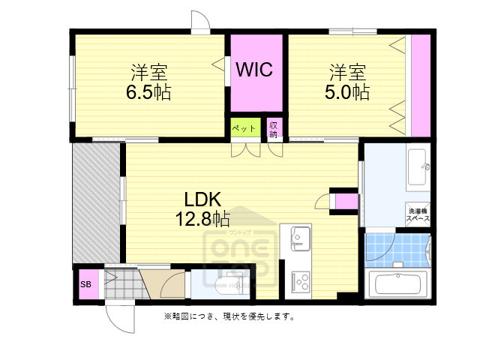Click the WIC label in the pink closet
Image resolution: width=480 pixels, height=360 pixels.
point(254,70)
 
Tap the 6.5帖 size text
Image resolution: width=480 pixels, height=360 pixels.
point(148,93)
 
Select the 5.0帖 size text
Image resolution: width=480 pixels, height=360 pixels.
point(347,93)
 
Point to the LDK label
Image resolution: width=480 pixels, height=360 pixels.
point(202,199)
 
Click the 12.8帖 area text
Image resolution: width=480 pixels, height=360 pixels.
point(202,219)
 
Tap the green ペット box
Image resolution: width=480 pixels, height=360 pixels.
point(244,128)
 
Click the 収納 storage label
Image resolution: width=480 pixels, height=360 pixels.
point(274,129)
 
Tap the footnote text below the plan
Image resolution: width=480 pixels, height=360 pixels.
point(229,316)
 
